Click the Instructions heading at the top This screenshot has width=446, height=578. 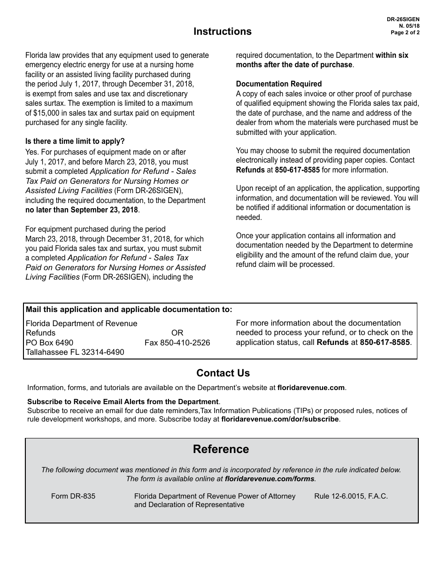coord(223,31)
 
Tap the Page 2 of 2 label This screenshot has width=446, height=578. coord(405,33)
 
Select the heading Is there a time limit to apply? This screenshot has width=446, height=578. coord(75,141)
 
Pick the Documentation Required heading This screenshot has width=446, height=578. coord(279,84)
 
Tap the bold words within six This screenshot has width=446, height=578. coord(392,55)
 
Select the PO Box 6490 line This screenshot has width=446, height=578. coord(49,343)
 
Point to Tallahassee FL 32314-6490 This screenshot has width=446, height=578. coord(75,352)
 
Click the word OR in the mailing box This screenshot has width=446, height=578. coord(177,333)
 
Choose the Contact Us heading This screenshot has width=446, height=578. coord(223,373)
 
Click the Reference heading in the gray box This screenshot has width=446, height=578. coord(221,449)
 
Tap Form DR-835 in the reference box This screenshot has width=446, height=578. coord(73,496)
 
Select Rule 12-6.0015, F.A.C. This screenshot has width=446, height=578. coord(351,496)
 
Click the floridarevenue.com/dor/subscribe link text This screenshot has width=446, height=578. coord(280,419)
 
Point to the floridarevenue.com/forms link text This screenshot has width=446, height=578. coord(270,479)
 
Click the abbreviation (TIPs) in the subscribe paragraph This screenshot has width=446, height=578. coord(307,411)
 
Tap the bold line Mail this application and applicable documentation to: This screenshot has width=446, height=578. coord(129,310)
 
